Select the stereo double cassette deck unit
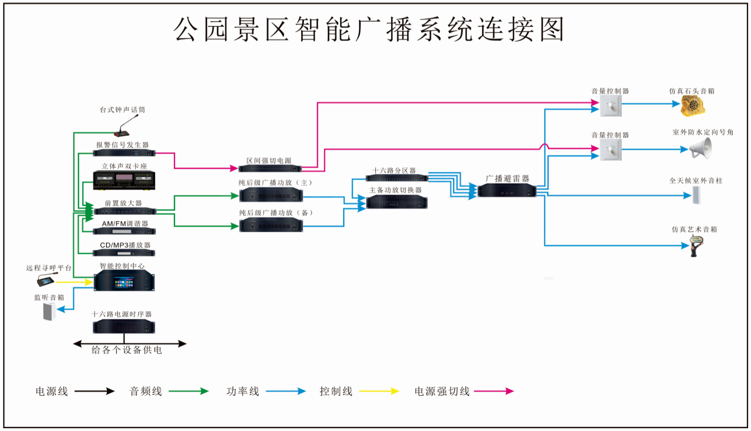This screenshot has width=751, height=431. (x=124, y=180)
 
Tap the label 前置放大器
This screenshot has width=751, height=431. (x=123, y=203)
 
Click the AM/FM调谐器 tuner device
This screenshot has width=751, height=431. (x=124, y=231)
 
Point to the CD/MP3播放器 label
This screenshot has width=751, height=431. (x=125, y=245)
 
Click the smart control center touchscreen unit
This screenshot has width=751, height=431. (x=124, y=282)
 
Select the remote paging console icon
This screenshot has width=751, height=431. (x=46, y=280)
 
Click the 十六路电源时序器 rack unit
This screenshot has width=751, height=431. (x=124, y=326)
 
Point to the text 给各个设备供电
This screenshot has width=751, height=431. (x=127, y=350)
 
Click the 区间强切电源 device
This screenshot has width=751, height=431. (x=270, y=168)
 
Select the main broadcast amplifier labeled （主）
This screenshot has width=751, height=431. (x=271, y=195)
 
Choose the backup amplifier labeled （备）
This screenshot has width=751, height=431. (x=271, y=225)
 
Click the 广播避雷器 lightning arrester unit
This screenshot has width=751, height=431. (x=507, y=190)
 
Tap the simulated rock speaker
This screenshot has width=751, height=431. (x=693, y=105)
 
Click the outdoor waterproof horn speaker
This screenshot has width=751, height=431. (x=701, y=149)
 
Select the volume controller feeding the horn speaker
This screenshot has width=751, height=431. (x=610, y=150)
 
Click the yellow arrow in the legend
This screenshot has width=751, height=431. (x=379, y=391)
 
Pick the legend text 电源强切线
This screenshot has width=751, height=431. (x=442, y=391)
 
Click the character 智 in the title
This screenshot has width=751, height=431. (x=308, y=29)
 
